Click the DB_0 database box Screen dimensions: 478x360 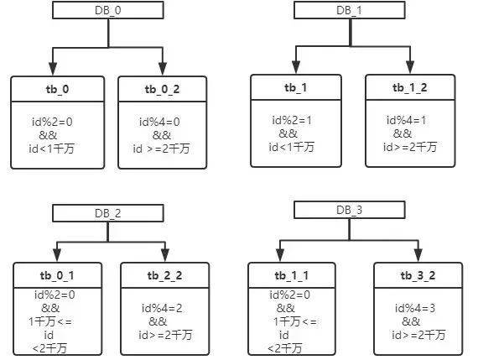click(108, 10)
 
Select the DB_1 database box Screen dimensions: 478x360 click(350, 10)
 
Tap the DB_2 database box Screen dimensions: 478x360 click(108, 213)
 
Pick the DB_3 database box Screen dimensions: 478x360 click(350, 210)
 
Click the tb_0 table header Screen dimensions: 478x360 click(58, 89)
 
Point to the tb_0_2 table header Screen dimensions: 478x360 click(163, 89)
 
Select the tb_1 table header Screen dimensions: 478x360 click(296, 87)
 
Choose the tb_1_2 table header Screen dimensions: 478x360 click(410, 87)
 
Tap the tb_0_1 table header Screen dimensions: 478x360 click(57, 275)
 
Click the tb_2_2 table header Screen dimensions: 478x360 click(165, 275)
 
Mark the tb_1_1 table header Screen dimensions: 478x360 click(292, 275)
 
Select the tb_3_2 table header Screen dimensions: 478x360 click(418, 275)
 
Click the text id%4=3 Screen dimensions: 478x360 click(415, 308)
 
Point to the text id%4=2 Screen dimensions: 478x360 click(162, 308)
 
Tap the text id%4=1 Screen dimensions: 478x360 click(406, 120)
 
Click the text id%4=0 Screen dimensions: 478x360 click(159, 122)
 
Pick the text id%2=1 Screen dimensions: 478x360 click(292, 120)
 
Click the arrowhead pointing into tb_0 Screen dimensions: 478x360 click(53, 69)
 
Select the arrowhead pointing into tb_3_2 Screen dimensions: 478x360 click(418, 255)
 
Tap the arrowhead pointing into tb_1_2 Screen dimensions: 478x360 click(410, 67)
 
